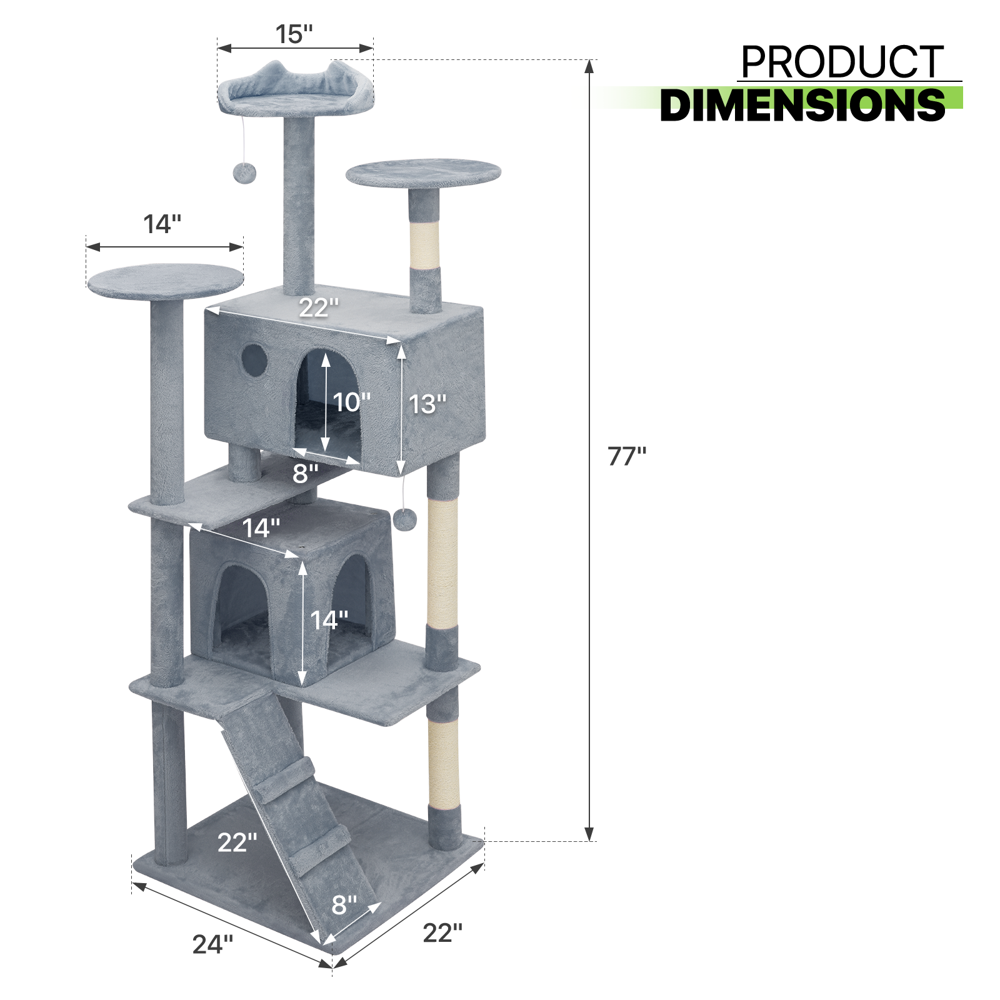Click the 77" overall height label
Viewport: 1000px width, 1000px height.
[x=627, y=456]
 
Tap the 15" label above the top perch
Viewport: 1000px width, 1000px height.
[x=294, y=34]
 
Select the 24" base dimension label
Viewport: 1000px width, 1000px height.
[x=212, y=944]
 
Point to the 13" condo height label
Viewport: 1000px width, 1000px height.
[x=427, y=404]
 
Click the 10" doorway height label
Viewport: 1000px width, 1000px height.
[x=351, y=402]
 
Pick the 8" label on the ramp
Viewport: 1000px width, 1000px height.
[x=344, y=904]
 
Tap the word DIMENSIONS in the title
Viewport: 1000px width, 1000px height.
[x=802, y=104]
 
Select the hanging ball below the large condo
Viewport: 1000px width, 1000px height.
[x=405, y=519]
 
